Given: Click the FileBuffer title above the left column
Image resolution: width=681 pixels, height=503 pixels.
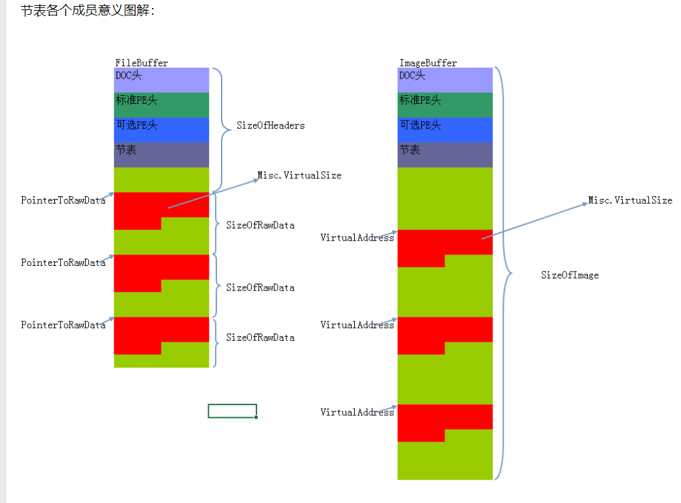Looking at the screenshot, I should (141, 63).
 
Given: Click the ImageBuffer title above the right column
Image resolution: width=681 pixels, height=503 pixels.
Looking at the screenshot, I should (428, 63).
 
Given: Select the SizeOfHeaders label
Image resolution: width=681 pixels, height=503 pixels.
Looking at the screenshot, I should (270, 125).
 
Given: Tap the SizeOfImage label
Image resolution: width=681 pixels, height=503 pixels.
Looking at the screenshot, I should (570, 275).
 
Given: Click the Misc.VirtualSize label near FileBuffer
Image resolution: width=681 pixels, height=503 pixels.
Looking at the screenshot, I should (299, 175).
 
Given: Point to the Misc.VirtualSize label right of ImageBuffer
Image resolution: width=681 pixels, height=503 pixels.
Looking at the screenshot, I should (630, 200).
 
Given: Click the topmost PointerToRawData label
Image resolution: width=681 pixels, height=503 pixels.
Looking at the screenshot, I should (63, 200).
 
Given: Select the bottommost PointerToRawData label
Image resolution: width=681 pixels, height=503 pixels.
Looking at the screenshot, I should (63, 325).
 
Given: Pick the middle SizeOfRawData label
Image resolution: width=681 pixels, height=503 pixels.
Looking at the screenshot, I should (260, 287).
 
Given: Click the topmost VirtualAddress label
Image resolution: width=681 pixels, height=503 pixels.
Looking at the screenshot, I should (357, 238).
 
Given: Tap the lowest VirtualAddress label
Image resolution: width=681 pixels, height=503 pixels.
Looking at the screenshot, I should (357, 413).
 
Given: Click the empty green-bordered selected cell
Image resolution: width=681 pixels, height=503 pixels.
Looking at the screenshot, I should (232, 411).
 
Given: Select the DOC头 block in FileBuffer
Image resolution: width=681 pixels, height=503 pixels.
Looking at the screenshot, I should (161, 80).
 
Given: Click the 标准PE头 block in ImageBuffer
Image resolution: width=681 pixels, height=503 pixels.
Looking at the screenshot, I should (445, 104).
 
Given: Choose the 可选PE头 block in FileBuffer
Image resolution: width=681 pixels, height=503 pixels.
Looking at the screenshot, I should (161, 129).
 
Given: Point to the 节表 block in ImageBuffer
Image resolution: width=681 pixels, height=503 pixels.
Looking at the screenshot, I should (445, 154).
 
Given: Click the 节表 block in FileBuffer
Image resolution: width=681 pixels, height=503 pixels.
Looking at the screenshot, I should (161, 154).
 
